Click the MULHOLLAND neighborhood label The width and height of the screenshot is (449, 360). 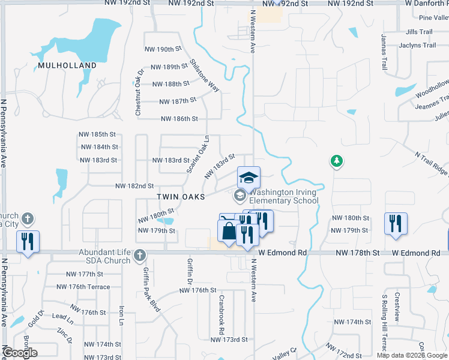pos(67,65)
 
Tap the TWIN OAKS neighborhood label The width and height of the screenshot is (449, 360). pos(181,197)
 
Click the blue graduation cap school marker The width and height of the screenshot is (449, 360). pos(249,177)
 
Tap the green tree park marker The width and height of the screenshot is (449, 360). pos(337,161)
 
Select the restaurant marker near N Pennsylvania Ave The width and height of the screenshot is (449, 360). pos(28,241)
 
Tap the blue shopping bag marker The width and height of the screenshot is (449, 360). pos(229,232)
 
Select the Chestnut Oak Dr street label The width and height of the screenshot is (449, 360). pos(139,93)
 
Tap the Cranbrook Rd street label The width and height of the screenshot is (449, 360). pos(221,314)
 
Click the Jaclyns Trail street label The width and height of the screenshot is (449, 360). pos(421,46)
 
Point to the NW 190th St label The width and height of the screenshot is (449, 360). pos(163,49)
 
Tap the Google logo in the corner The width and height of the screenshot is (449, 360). pos(20,353)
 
